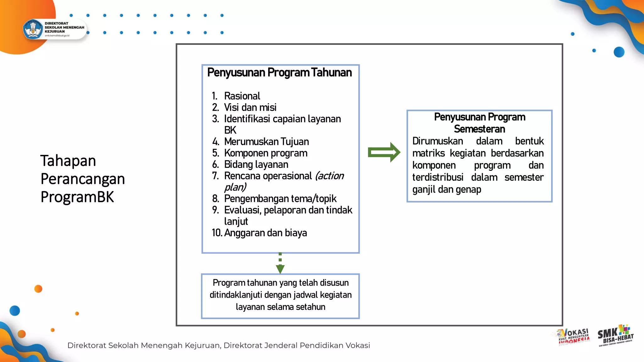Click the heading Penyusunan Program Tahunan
(x=279, y=73)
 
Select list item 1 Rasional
(x=242, y=96)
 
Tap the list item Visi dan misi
(x=250, y=107)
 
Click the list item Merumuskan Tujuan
(x=266, y=142)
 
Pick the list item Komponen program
(x=266, y=153)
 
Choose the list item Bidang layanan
(x=256, y=164)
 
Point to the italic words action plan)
(x=330, y=176)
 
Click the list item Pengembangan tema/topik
(x=280, y=199)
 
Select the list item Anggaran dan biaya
(x=265, y=233)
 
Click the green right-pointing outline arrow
(x=384, y=152)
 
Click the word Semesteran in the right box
(x=479, y=129)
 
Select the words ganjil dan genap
(x=447, y=189)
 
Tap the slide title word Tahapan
(x=68, y=161)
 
